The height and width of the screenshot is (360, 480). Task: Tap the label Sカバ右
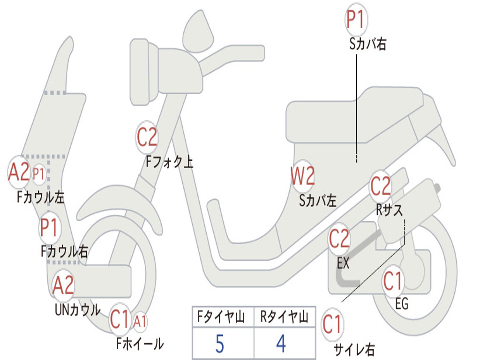pos(368,45)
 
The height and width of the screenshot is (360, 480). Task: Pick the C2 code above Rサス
pos(381,187)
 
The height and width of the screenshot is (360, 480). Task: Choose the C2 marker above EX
pos(339,240)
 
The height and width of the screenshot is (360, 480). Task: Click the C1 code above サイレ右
pos(332,325)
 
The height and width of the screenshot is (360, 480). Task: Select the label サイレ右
pos(354,349)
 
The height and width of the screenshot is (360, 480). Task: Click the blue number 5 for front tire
pos(219,344)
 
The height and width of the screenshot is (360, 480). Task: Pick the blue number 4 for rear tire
pos(281,344)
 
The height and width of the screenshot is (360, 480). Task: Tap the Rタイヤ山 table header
pos(284,318)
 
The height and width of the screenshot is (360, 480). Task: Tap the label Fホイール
pos(140,344)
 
